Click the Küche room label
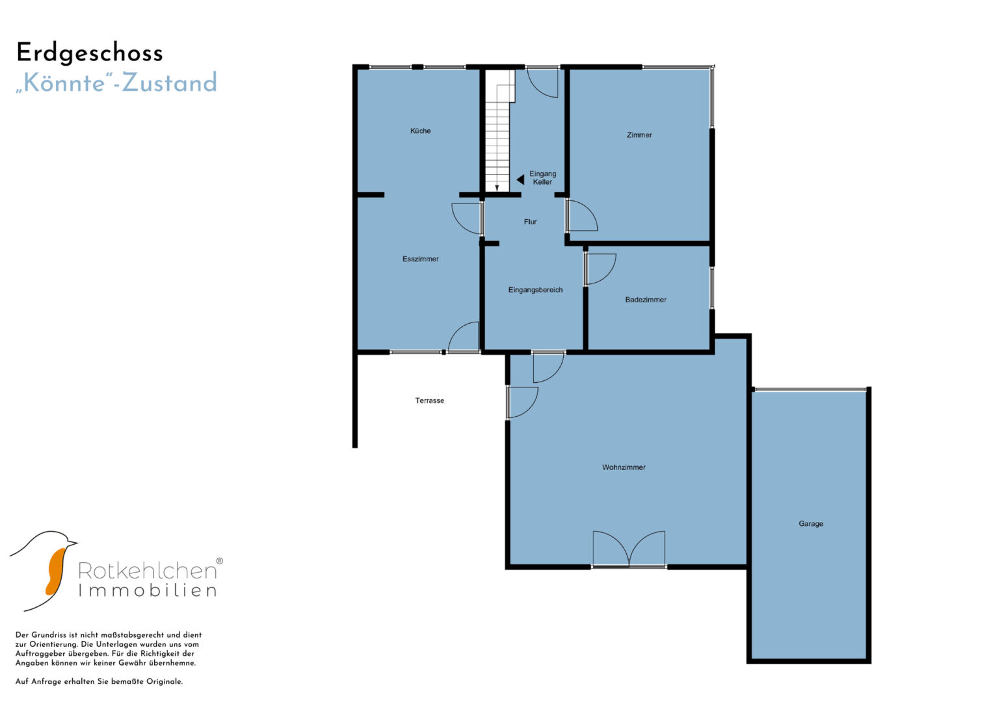click(420, 131)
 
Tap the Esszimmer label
click(420, 259)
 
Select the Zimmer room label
click(639, 135)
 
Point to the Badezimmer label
click(646, 300)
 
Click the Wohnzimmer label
click(623, 467)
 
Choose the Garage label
click(811, 523)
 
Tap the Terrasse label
click(429, 400)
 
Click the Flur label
click(530, 222)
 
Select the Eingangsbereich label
click(535, 290)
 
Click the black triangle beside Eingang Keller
click(521, 179)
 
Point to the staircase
click(499, 131)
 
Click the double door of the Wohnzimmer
click(629, 549)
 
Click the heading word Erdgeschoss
click(90, 53)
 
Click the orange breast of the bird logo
click(56, 571)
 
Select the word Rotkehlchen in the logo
click(148, 571)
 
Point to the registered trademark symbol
click(219, 561)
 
